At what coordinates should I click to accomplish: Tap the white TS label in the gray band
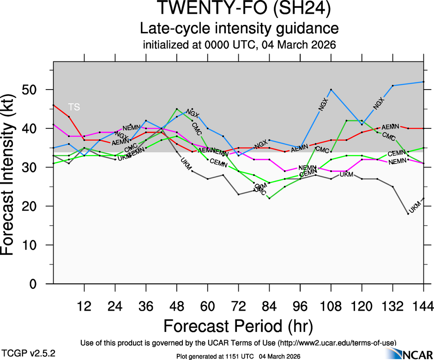74,107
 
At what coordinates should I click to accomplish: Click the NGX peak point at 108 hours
331,89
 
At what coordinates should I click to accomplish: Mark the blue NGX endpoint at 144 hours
423,82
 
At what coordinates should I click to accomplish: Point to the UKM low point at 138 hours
408,214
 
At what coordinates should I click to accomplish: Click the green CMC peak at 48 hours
177,109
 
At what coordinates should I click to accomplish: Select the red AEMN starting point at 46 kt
54,105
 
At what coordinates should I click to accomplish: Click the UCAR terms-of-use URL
337,343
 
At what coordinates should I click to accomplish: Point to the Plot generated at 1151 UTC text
239,356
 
